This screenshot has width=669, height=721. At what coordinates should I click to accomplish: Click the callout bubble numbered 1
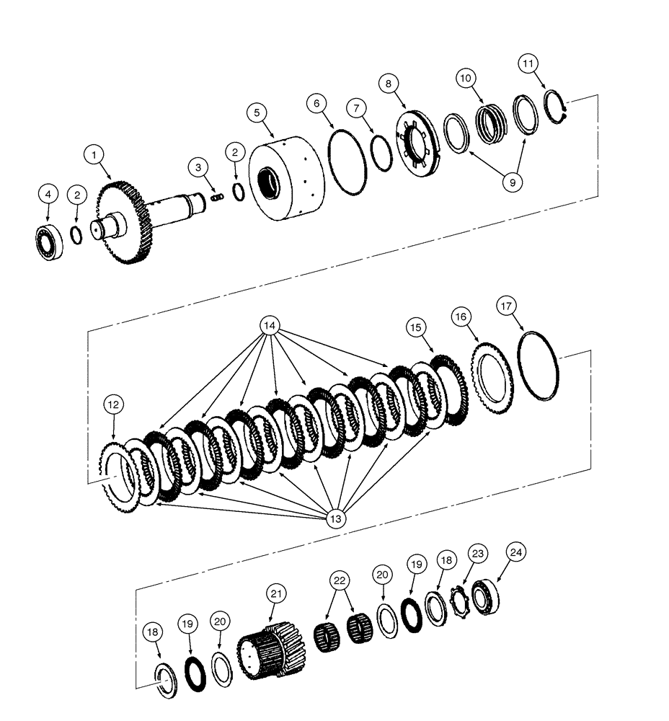[93, 154]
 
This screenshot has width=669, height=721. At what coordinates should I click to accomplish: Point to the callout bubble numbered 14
[270, 326]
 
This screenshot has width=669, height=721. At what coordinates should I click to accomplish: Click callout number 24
[516, 552]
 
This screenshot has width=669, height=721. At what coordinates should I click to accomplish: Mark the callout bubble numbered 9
[513, 182]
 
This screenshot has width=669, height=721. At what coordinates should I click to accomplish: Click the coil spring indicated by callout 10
[492, 125]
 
